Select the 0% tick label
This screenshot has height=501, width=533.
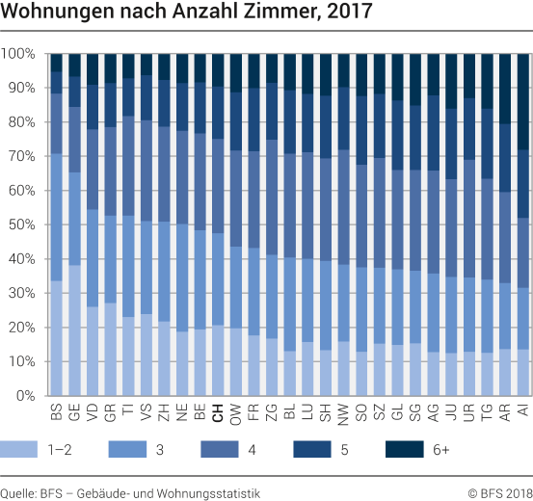tap(26, 396)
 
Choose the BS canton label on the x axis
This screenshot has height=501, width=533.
tap(56, 413)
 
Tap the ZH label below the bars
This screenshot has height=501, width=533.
tap(163, 413)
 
